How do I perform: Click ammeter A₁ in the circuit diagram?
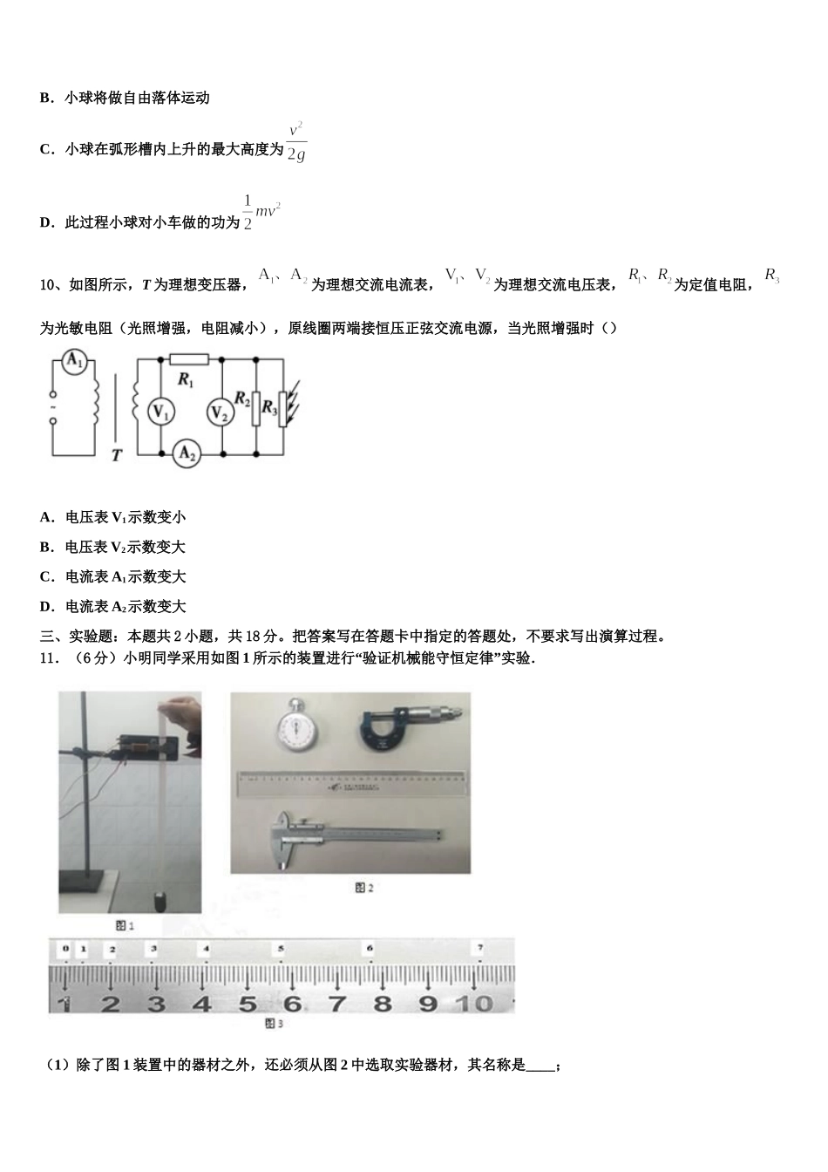coord(76,363)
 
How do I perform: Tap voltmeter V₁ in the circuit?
coord(160,412)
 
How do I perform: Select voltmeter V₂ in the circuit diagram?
coord(221,414)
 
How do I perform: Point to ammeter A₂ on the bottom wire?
coord(186,453)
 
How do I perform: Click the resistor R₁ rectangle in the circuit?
coord(189,358)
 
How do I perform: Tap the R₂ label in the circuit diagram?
coord(242,400)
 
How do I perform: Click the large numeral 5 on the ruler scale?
coord(248,1004)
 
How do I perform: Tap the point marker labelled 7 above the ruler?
coord(480,948)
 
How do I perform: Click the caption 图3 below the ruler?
coord(275,1024)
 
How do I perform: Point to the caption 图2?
coord(363,888)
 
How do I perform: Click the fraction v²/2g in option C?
coord(296,141)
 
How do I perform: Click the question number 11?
coord(49,658)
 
